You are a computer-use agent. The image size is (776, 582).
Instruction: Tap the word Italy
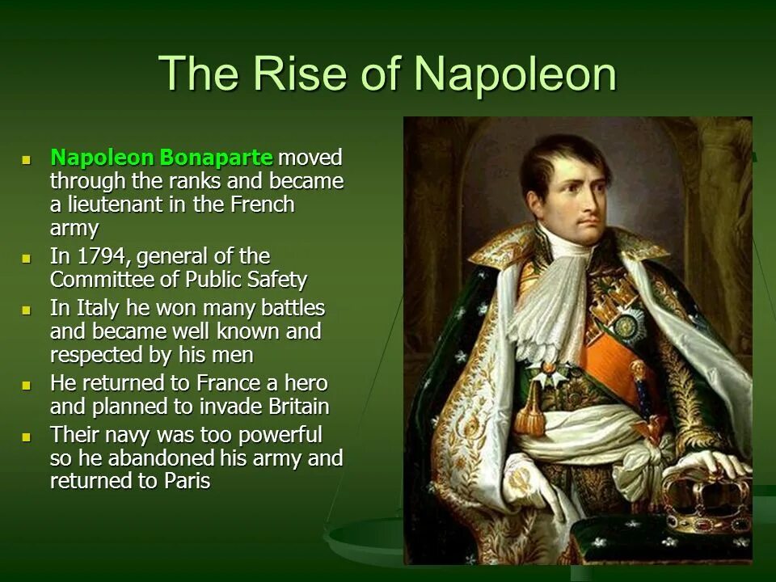point(96,308)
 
